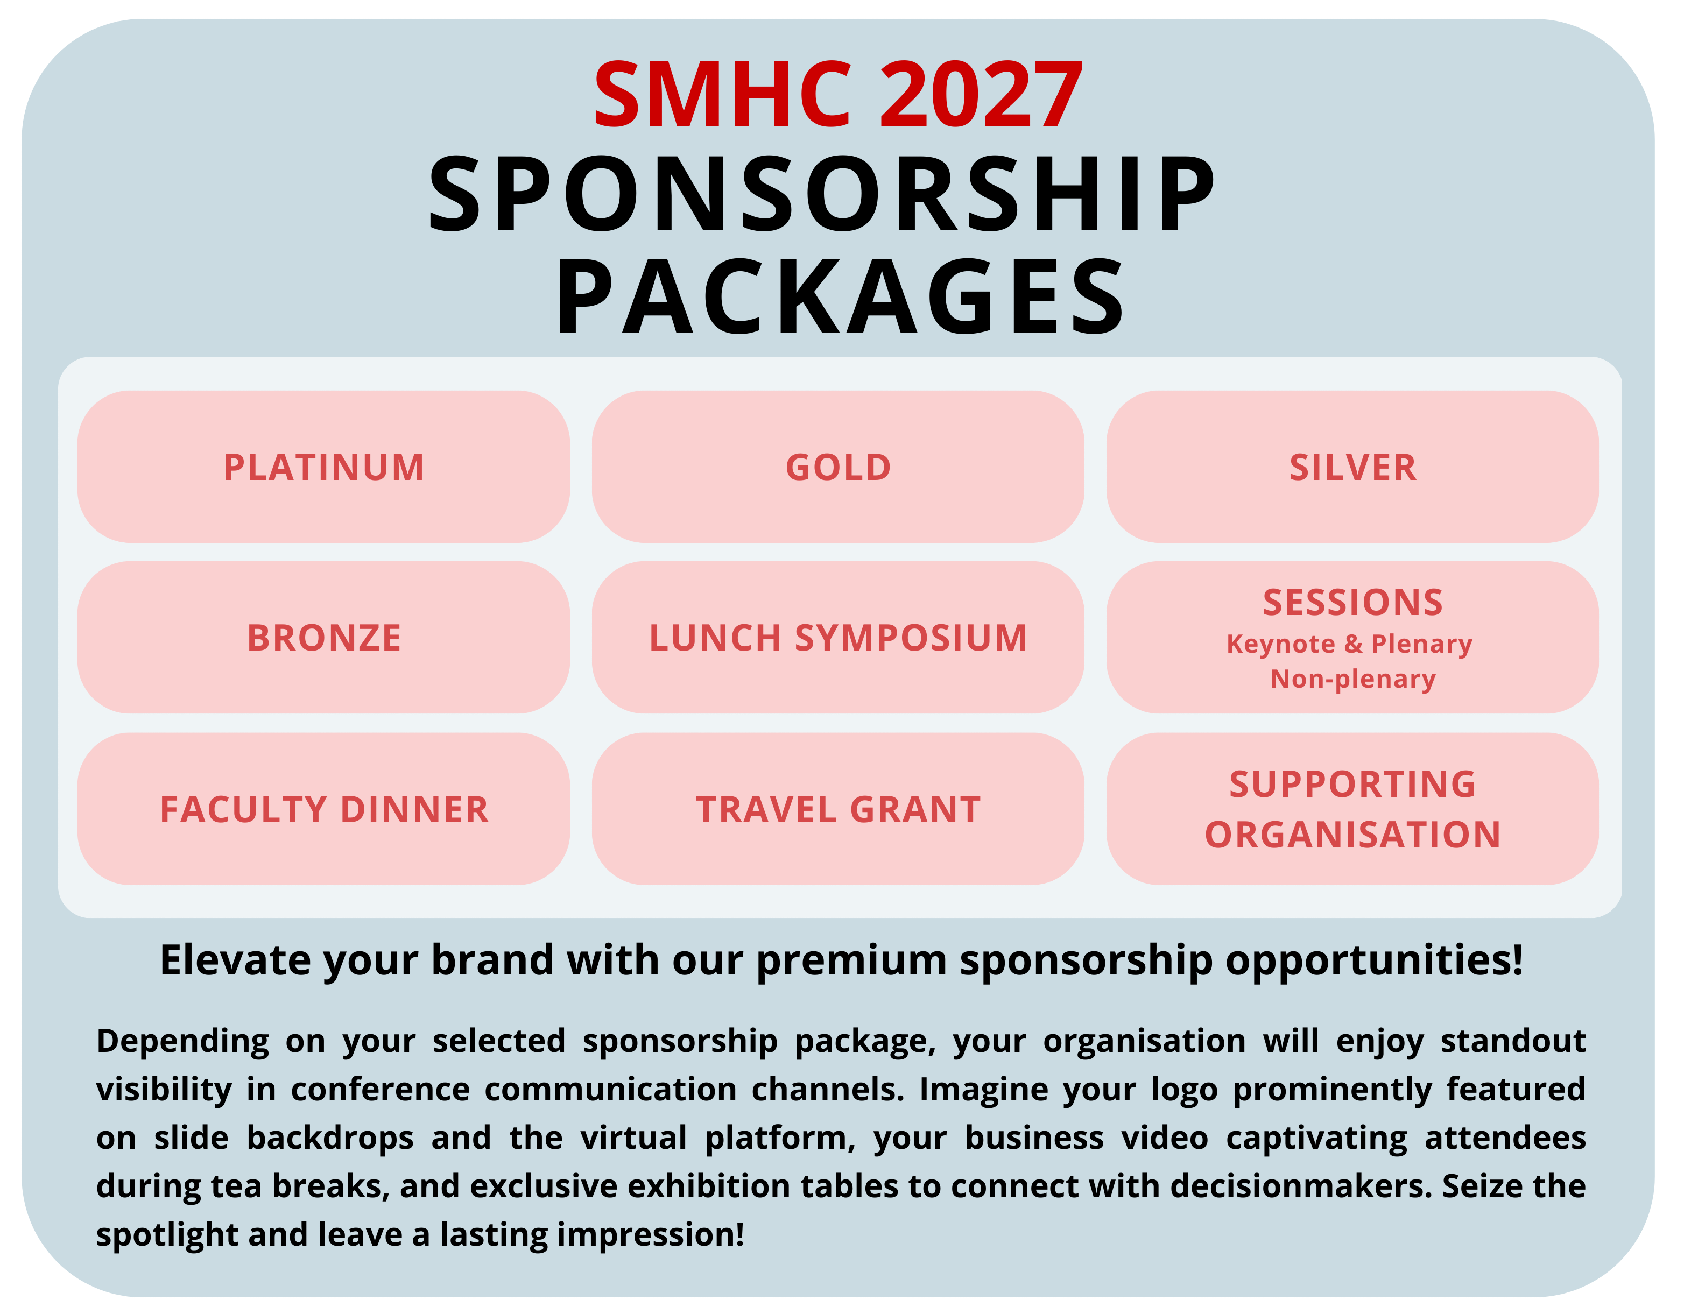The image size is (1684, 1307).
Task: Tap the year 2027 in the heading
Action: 981,95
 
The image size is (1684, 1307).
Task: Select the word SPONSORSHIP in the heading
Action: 822,194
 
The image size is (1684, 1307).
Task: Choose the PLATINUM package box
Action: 324,467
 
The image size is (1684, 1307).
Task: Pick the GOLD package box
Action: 838,467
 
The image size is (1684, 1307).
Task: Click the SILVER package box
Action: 1352,467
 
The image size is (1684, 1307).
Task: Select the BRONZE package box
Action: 324,637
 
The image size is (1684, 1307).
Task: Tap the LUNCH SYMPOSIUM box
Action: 838,637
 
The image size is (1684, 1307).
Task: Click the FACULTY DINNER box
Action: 324,808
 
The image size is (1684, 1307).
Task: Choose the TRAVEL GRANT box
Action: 838,808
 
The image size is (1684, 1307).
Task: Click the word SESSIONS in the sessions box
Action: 1352,602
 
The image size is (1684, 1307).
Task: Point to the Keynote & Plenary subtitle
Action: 1349,644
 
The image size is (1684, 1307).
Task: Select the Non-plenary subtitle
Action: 1353,679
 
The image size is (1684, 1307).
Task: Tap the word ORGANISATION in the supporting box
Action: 1352,835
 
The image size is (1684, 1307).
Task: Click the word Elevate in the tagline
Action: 235,960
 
